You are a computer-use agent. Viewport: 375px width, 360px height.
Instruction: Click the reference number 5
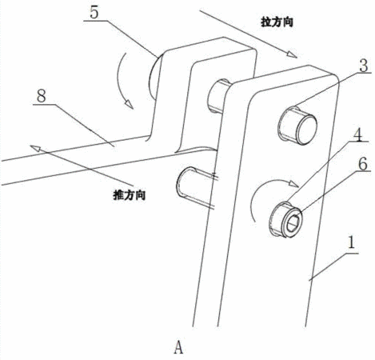click(94, 12)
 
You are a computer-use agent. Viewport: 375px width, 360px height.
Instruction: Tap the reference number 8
click(42, 96)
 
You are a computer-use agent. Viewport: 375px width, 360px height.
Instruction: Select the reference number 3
click(364, 66)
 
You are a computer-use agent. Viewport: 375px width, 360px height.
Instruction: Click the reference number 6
click(363, 164)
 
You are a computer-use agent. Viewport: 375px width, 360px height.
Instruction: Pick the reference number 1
click(352, 242)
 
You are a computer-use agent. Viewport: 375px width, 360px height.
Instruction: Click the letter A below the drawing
click(178, 347)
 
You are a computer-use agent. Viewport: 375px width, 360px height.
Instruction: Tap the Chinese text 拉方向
click(277, 22)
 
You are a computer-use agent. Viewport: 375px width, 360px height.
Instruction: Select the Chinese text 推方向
click(130, 195)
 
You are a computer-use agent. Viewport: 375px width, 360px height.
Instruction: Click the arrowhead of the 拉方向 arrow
click(293, 54)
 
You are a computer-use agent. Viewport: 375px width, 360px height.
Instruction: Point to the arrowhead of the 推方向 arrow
click(35, 148)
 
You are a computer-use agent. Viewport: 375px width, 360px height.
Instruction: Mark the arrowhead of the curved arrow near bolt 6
click(293, 183)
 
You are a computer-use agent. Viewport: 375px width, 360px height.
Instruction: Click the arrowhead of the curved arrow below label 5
click(130, 104)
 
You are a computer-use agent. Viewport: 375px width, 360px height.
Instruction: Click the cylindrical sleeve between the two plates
click(218, 95)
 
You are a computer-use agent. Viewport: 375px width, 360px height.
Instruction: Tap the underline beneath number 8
click(44, 104)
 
